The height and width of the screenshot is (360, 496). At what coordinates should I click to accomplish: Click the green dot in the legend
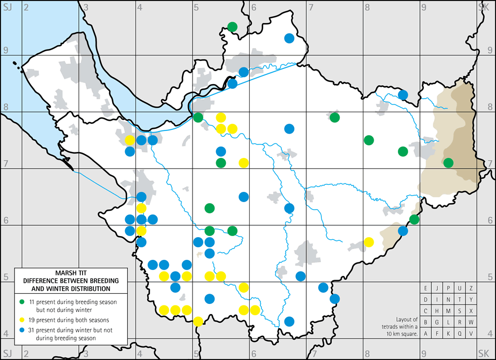pyautogui.click(x=22, y=300)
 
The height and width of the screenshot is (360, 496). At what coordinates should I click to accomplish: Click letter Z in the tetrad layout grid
pyautogui.click(x=471, y=288)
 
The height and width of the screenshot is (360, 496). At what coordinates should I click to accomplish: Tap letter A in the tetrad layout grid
pyautogui.click(x=426, y=333)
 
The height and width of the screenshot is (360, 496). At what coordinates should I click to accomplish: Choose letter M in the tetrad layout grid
pyautogui.click(x=449, y=311)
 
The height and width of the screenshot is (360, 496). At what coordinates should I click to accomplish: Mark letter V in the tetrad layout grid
pyautogui.click(x=471, y=333)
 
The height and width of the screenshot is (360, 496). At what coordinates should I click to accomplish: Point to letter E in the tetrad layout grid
pyautogui.click(x=426, y=288)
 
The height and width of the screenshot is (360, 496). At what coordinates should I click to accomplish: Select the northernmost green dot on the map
pyautogui.click(x=232, y=26)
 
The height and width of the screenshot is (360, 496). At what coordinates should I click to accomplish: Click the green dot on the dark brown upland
pyautogui.click(x=448, y=162)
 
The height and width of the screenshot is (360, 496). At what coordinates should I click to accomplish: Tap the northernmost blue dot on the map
pyautogui.click(x=289, y=38)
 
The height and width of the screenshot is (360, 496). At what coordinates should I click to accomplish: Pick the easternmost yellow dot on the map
pyautogui.click(x=369, y=241)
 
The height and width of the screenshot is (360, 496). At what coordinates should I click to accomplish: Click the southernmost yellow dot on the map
pyautogui.click(x=198, y=321)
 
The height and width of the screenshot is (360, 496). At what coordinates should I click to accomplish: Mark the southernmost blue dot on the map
pyautogui.click(x=289, y=321)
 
